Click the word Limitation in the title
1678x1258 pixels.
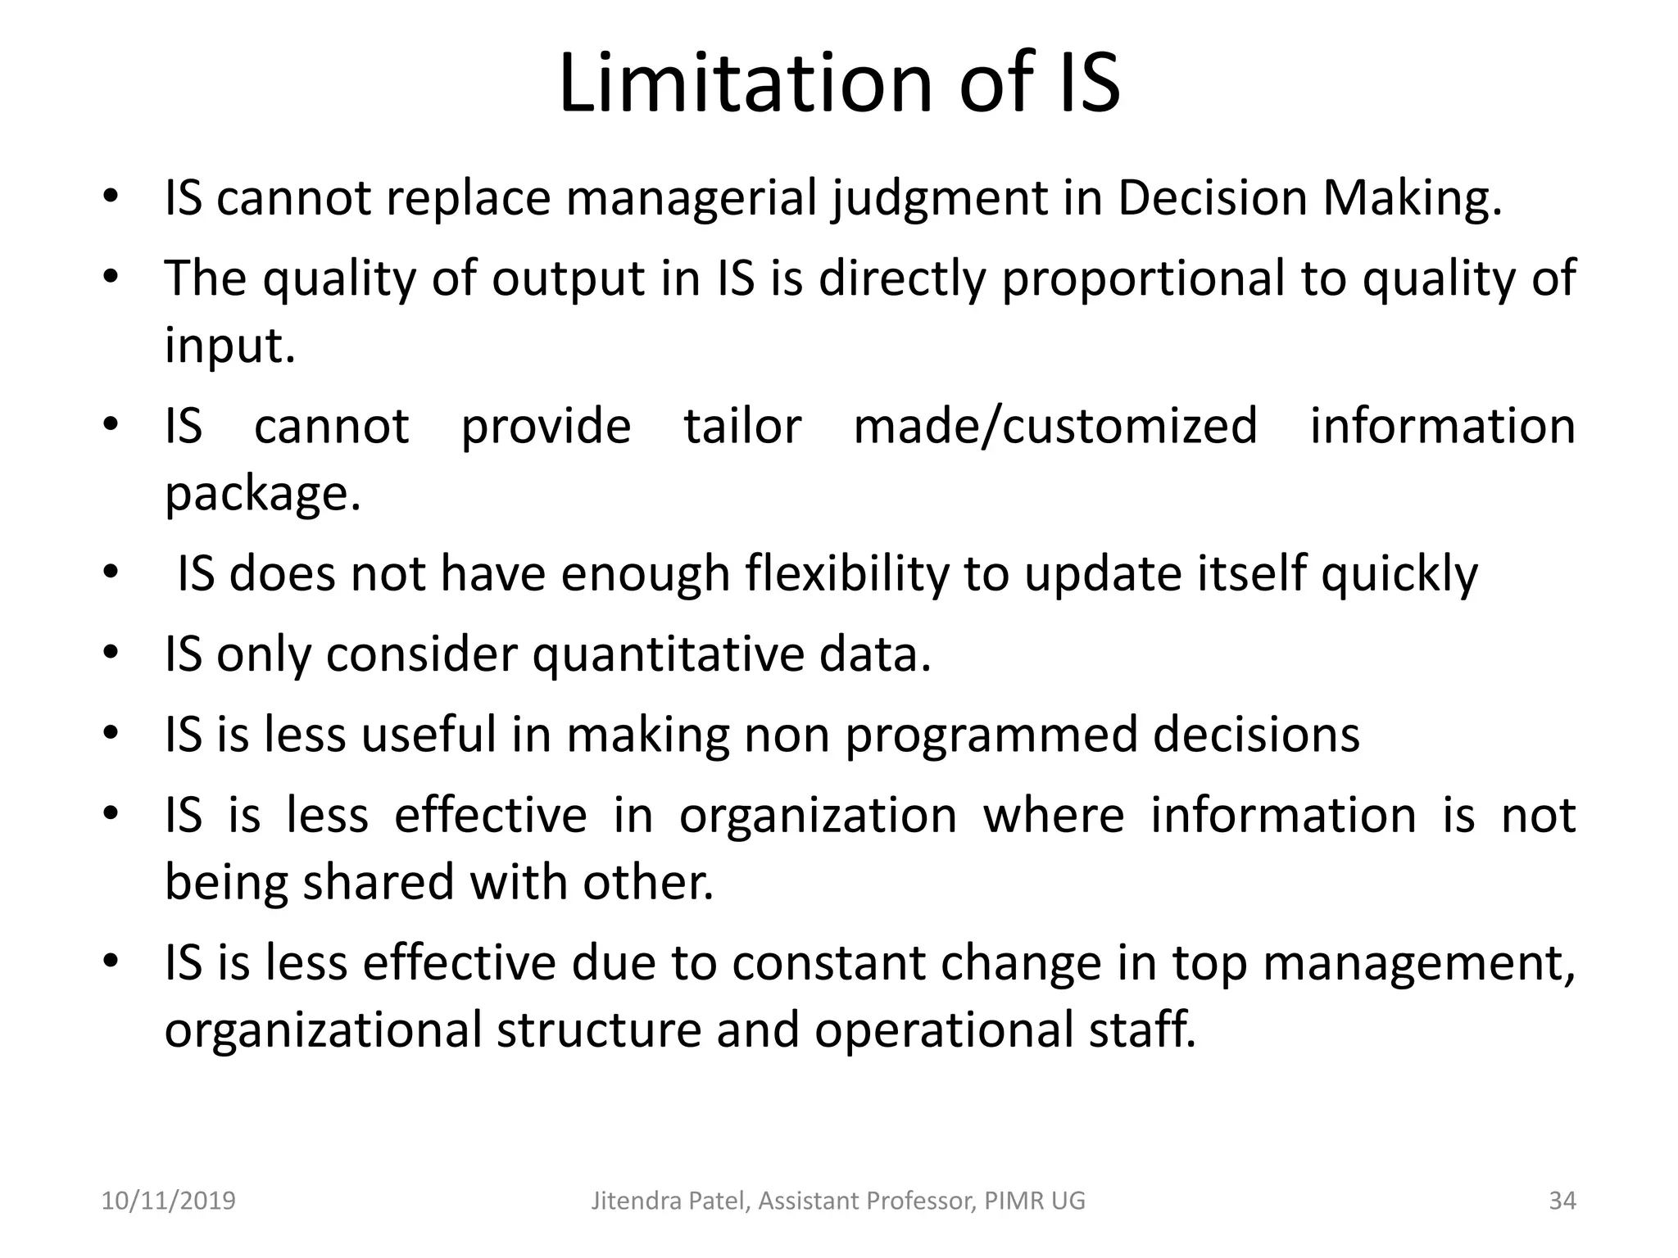pyautogui.click(x=745, y=83)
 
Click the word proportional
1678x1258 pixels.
pyautogui.click(x=1144, y=279)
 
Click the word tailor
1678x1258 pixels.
pyautogui.click(x=742, y=427)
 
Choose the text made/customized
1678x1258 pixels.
pyautogui.click(x=1055, y=427)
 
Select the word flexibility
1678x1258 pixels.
pyautogui.click(x=846, y=573)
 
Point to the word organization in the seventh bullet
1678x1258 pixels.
pyautogui.click(x=818, y=816)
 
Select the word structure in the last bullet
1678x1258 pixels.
pyautogui.click(x=599, y=1029)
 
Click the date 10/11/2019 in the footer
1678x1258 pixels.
pyautogui.click(x=168, y=1201)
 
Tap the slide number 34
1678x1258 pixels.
pyautogui.click(x=1562, y=1201)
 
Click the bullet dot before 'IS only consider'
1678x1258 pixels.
pyautogui.click(x=111, y=654)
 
